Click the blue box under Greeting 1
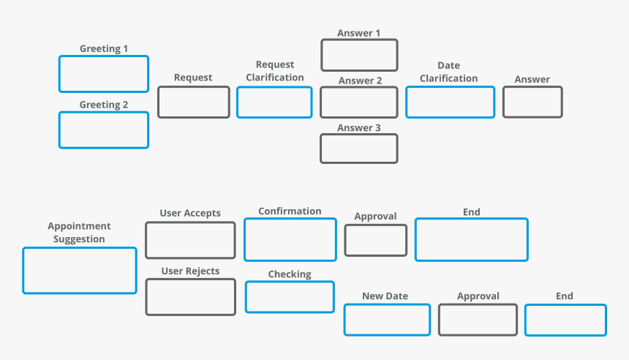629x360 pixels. [x=104, y=74]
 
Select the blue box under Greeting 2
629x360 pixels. [x=104, y=130]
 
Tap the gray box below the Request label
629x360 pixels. [x=194, y=102]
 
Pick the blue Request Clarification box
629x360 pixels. [x=274, y=102]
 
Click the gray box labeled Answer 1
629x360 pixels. [x=359, y=55]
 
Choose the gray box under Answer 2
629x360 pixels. [x=359, y=102]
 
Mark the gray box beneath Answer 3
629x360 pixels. [x=359, y=149]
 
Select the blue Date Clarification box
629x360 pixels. [x=450, y=102]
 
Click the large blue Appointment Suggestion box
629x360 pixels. [x=80, y=271]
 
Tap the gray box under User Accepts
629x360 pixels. [x=190, y=241]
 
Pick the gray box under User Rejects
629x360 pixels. [x=190, y=297]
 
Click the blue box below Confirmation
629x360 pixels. [x=290, y=239]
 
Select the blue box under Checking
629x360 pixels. [x=290, y=297]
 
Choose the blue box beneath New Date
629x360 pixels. [x=387, y=320]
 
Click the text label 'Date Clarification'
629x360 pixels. [x=448, y=72]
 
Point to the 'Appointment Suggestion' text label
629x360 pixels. [x=79, y=233]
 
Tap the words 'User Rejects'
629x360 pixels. [x=190, y=271]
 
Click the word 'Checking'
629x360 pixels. [x=290, y=274]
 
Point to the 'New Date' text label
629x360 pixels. [x=385, y=296]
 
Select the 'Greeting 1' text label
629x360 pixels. [x=104, y=49]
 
